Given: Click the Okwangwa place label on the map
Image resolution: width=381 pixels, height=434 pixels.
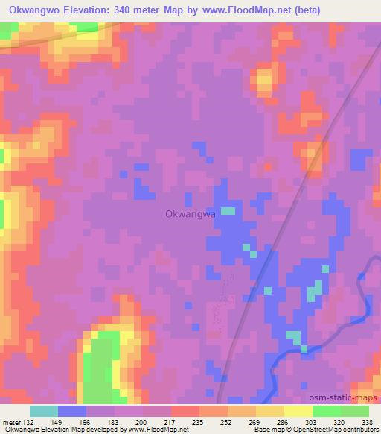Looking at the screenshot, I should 190,213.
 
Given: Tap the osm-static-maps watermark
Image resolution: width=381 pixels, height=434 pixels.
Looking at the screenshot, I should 342,398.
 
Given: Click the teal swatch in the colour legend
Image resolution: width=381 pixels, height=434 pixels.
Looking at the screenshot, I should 44,411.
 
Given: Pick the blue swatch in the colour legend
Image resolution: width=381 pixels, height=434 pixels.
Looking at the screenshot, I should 72,411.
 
